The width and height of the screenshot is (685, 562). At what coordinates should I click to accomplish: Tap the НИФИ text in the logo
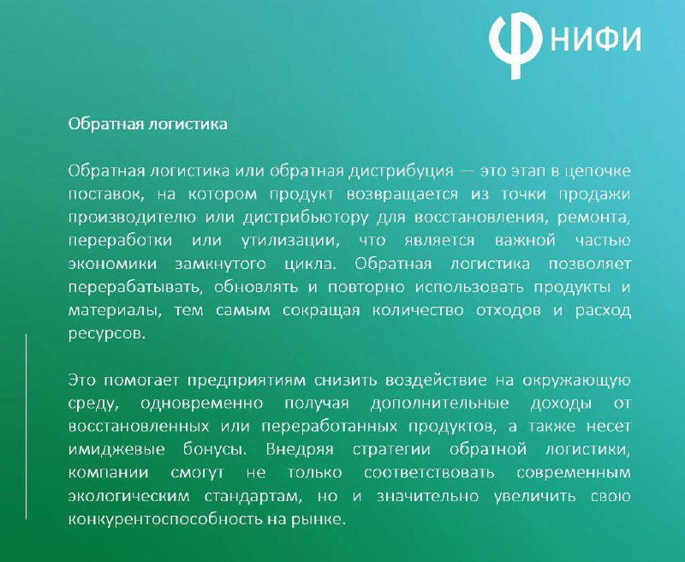(x=596, y=39)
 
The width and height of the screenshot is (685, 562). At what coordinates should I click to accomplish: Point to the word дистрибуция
(x=401, y=170)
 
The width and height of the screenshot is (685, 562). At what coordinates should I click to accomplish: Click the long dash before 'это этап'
(x=467, y=170)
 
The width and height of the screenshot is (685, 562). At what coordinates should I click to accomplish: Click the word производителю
(x=132, y=218)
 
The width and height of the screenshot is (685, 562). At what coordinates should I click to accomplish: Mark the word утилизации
(x=290, y=241)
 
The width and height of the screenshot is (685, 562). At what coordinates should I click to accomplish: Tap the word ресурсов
(x=106, y=334)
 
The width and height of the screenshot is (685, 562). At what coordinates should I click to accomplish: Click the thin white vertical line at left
(x=26, y=427)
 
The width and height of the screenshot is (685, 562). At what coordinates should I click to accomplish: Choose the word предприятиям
(x=247, y=380)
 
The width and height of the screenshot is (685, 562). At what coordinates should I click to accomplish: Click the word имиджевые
(x=116, y=450)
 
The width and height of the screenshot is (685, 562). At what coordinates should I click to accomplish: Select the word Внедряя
(x=300, y=450)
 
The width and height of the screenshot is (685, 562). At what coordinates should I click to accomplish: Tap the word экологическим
(x=129, y=496)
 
